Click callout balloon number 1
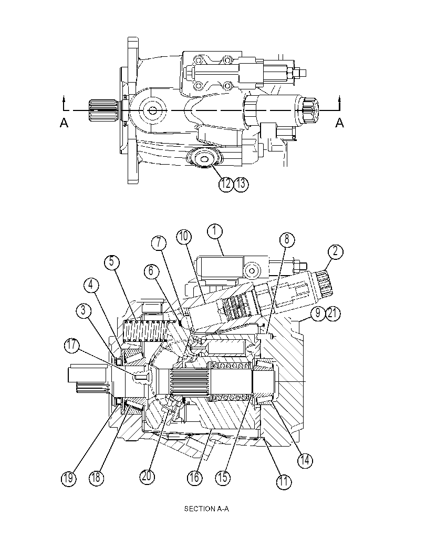215,231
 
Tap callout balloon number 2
335,251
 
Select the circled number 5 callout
111,262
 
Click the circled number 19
68,478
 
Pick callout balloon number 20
147,476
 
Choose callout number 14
305,460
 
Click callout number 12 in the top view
226,184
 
